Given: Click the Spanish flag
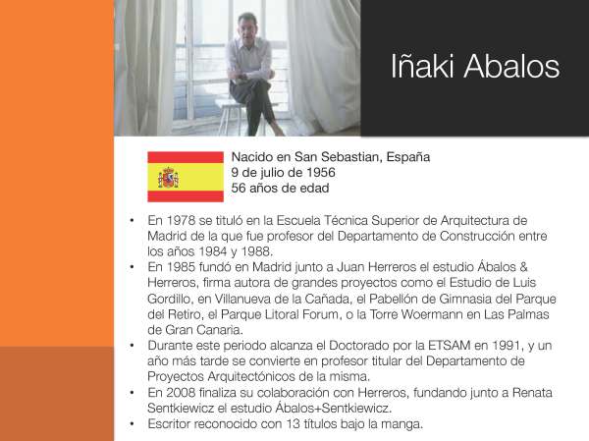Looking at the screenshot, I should point(186,177).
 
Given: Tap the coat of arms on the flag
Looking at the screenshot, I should point(169,178).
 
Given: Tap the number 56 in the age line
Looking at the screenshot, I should point(239,187).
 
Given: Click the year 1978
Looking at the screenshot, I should point(183,220).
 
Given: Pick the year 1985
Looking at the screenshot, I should point(183,265).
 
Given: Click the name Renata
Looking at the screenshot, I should point(506,392).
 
